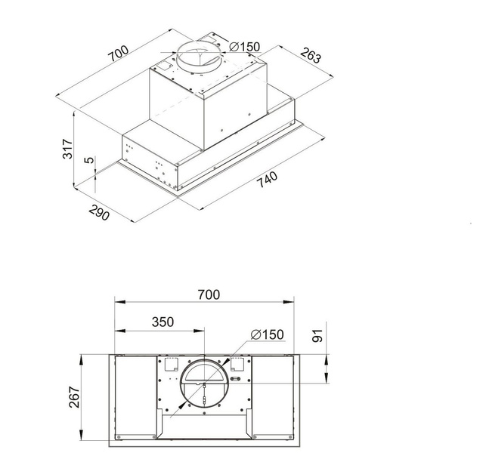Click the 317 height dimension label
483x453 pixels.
(x=67, y=149)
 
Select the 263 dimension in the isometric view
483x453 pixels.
(x=310, y=55)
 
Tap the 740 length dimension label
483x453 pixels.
(x=267, y=179)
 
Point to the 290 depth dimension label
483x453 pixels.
(x=99, y=212)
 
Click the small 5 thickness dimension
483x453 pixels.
(x=88, y=160)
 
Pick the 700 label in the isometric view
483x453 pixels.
(x=118, y=54)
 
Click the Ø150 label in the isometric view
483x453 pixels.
(x=245, y=47)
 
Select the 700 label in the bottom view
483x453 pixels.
(x=209, y=294)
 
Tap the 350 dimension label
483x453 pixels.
(x=163, y=322)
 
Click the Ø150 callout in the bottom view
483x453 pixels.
(x=268, y=334)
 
